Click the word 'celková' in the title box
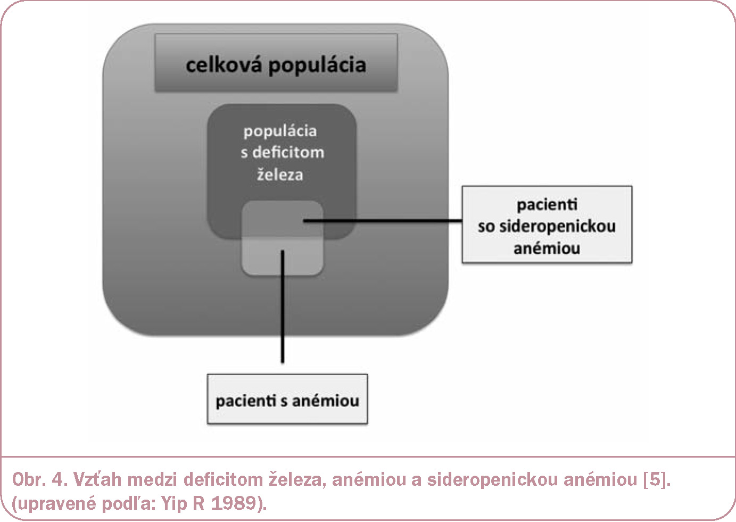point(224,64)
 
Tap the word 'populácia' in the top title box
point(317,66)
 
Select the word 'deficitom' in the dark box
point(288,152)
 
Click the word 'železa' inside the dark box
point(280,174)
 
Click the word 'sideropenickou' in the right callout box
point(557,227)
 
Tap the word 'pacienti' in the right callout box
point(547,204)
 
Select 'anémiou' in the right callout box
point(547,248)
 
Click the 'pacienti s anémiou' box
point(287,399)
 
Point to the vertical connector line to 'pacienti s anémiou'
point(283,306)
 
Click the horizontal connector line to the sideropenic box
point(383,221)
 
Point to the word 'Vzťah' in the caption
point(97,479)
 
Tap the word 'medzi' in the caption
point(152,479)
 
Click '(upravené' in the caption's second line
point(54,504)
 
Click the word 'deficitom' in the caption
point(223,479)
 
